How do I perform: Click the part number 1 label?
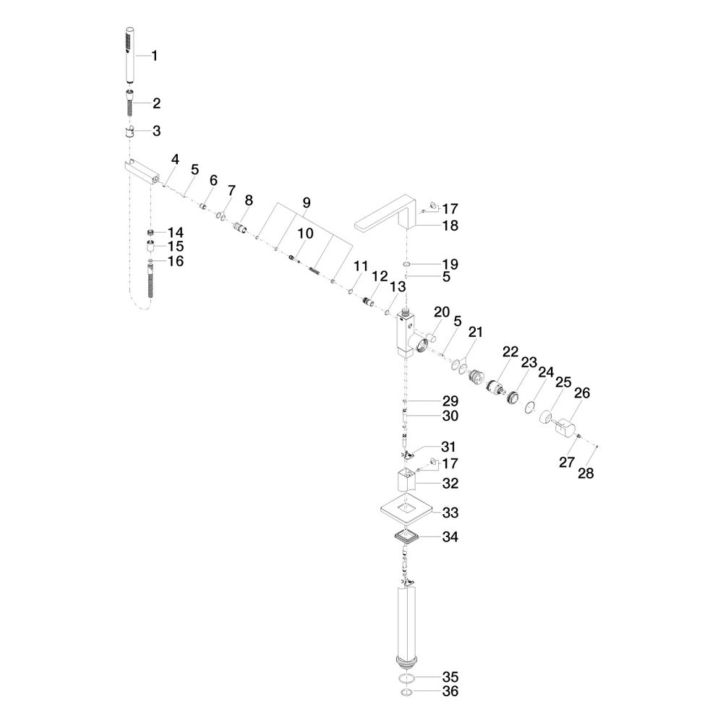point(155,56)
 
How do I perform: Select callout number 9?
point(307,202)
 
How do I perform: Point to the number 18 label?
point(450,226)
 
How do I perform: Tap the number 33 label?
point(450,513)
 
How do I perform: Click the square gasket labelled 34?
point(406,536)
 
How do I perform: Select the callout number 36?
point(450,691)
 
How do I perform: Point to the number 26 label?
point(582,393)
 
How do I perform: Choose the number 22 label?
point(510,352)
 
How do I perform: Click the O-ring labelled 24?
point(530,406)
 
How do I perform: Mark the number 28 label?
point(586,473)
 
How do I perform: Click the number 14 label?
point(176,232)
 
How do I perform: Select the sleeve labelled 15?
point(150,247)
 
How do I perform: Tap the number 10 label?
point(305,234)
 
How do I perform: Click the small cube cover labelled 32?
point(406,481)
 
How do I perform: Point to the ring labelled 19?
point(406,264)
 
